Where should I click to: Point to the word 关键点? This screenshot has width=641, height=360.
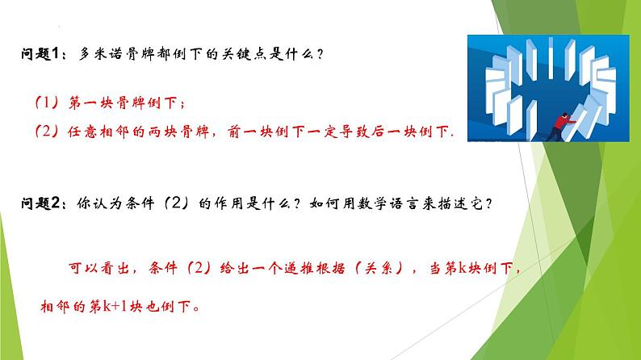pyautogui.click(x=241, y=55)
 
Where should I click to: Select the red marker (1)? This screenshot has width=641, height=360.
pyautogui.click(x=45, y=103)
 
